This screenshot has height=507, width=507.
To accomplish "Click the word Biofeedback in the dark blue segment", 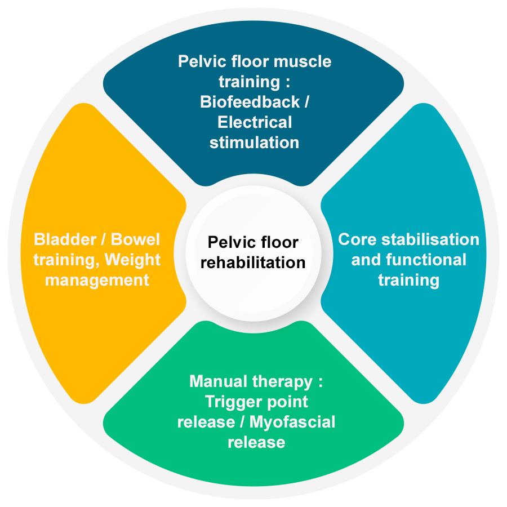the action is coord(250,102).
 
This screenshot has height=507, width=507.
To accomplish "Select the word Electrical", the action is coord(255,122).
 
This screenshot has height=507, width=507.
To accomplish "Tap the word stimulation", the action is coord(254,143).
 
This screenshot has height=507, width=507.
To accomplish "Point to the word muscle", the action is coord(303,61).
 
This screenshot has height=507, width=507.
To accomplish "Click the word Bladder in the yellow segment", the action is coord(65,239).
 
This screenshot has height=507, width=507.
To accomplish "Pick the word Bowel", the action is coord(135,239).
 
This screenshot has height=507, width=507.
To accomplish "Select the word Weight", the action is coord(132,260).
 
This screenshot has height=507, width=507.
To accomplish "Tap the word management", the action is coord(97,281).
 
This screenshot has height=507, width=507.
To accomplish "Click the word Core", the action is coord(357,239).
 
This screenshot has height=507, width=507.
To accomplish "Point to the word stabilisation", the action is coord(430,239).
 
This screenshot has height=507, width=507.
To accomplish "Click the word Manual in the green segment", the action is coord(218,381).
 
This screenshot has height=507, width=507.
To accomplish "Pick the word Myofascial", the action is coord(292,422).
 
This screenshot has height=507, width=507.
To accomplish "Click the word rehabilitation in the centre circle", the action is coord(253,262).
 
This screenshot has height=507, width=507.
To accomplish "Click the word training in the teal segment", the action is coord(409,281).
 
